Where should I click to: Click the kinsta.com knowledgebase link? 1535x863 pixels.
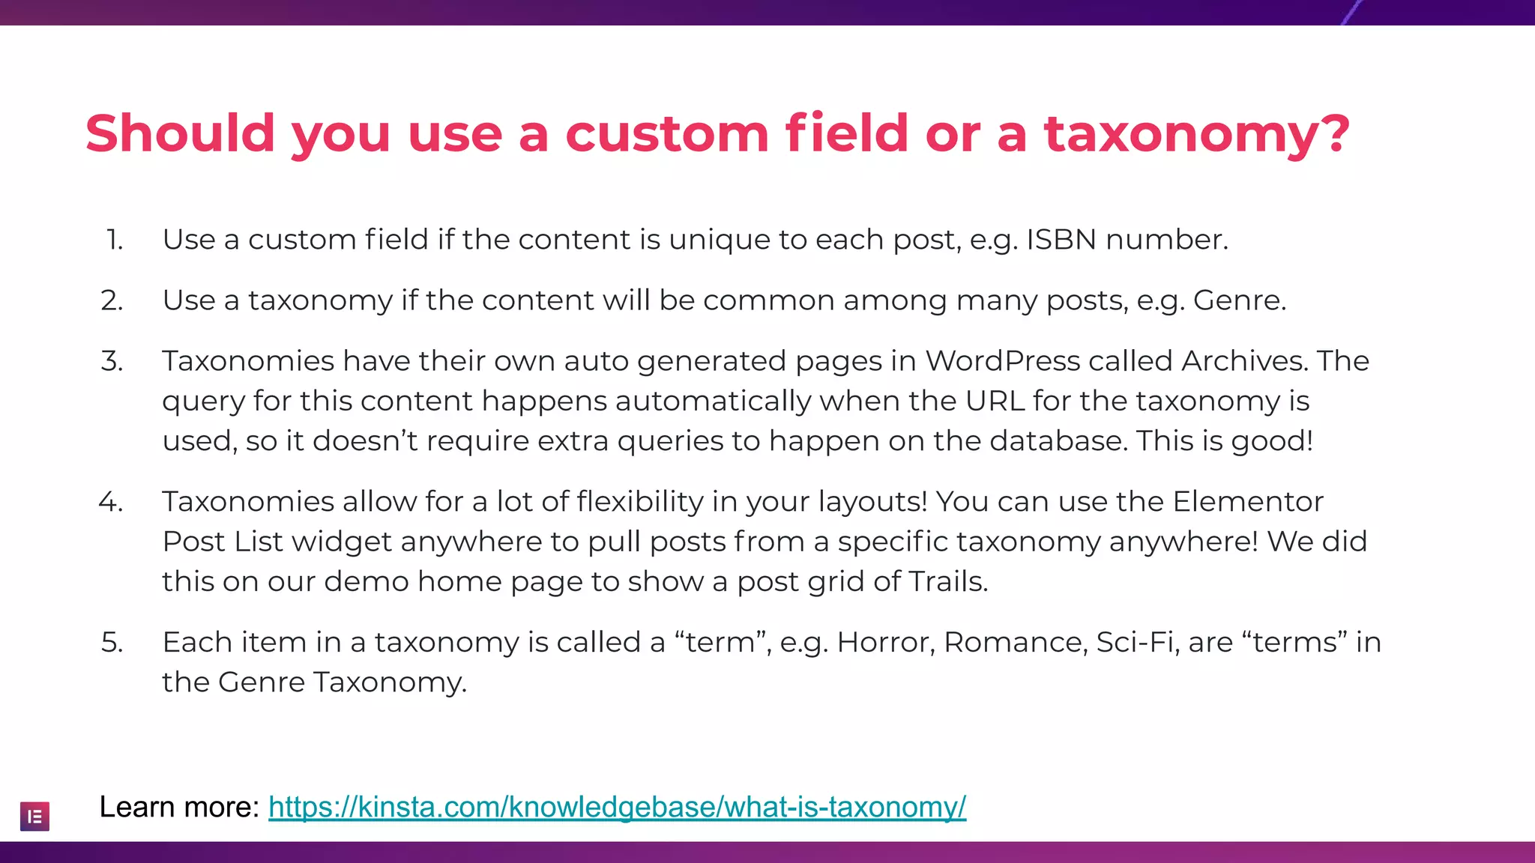coord(617,807)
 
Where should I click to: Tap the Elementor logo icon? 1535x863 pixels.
coord(34,817)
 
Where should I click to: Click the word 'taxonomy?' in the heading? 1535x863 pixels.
coord(1197,133)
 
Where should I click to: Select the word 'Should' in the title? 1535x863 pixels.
coord(180,133)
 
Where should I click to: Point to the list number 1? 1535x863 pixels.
coord(114,240)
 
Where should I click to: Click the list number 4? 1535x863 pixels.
coord(111,501)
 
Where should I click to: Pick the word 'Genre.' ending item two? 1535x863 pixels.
coord(1240,300)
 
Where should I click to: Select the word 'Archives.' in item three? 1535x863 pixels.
coord(1245,361)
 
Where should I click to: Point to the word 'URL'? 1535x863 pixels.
coord(995,401)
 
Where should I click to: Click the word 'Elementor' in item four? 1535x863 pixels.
coord(1248,501)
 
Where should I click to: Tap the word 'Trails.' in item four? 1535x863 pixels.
coord(948,581)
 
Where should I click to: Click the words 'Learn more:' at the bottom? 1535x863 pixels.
coord(179,807)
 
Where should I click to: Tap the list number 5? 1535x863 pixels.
coord(112,642)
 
